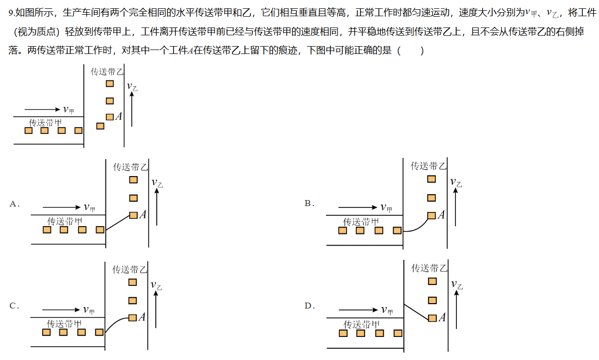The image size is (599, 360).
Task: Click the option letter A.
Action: click(x=13, y=204)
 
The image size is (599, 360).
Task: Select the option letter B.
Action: click(x=308, y=203)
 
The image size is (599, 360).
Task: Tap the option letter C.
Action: click(x=13, y=306)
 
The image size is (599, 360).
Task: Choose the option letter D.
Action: click(x=308, y=306)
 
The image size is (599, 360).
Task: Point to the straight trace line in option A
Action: click(x=118, y=223)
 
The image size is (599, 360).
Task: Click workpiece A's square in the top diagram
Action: click(x=110, y=117)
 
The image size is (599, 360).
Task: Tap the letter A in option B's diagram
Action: click(x=441, y=215)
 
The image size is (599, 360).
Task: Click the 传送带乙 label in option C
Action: click(x=130, y=269)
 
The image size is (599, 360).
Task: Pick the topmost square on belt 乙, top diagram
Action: click(x=110, y=84)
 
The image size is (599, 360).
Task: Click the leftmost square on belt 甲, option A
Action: click(x=47, y=230)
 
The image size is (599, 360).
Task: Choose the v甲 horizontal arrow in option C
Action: click(x=61, y=309)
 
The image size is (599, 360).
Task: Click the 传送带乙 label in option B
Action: click(x=429, y=166)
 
